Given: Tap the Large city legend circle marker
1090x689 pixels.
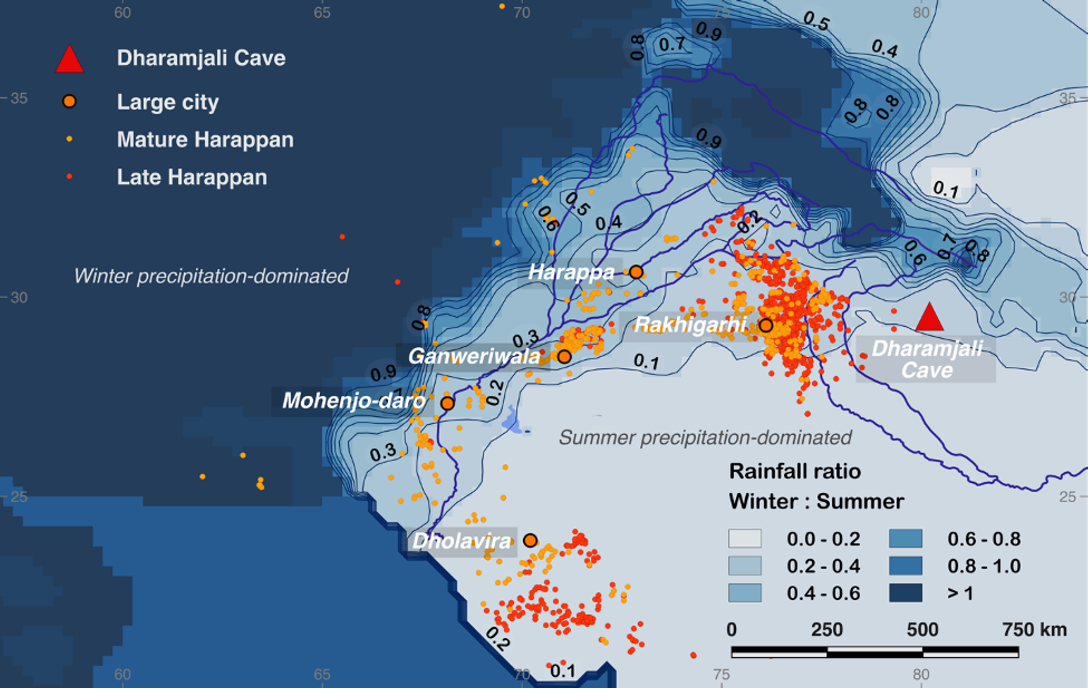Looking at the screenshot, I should tap(69, 101).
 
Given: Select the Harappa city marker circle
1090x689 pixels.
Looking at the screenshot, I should tap(636, 273).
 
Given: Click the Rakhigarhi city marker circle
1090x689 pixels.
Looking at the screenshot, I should tap(766, 326).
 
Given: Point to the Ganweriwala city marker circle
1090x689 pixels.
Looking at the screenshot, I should tap(565, 357).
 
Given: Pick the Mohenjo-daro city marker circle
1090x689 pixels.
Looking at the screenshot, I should tap(447, 403).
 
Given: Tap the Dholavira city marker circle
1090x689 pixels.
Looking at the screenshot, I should tap(530, 541).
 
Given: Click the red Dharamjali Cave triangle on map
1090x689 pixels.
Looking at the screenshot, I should tap(929, 318).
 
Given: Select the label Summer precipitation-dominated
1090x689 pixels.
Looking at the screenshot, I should tap(705, 438).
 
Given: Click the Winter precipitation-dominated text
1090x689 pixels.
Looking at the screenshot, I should tap(211, 276).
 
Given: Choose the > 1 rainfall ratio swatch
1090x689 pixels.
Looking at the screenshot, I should tap(905, 593).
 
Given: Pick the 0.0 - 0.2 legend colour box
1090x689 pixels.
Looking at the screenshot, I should tap(745, 539).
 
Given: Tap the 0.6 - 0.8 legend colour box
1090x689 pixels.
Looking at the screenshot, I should tap(905, 539).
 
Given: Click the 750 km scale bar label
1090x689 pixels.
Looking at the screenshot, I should tap(1034, 630).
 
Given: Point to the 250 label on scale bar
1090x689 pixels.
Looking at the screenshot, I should tap(827, 630).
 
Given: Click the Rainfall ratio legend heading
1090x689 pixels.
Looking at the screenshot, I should tap(795, 472).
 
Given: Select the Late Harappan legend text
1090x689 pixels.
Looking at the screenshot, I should tap(192, 177).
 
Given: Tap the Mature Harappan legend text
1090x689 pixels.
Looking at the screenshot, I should tap(205, 139).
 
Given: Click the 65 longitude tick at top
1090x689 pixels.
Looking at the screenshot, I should tap(322, 12).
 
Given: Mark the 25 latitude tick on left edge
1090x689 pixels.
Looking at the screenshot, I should tap(18, 497).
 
